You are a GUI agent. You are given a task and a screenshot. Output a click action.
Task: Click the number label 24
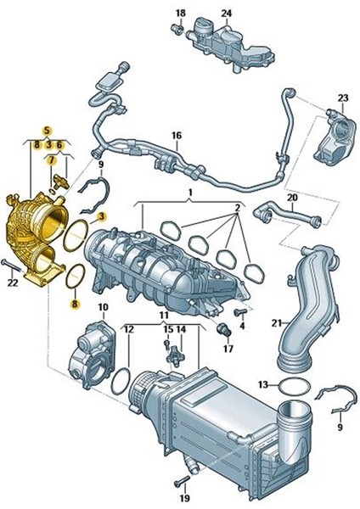(x=227, y=13)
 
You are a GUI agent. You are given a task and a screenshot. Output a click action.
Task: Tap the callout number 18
(x=179, y=13)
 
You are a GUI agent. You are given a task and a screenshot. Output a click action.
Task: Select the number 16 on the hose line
(x=177, y=136)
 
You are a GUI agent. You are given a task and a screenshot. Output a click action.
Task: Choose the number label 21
(x=276, y=323)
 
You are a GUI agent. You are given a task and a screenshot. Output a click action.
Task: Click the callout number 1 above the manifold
(x=191, y=194)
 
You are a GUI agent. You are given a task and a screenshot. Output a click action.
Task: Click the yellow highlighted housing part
(x=34, y=233)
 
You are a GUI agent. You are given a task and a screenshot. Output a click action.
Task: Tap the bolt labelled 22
(x=11, y=266)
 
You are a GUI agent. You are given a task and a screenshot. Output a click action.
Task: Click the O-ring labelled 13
(x=292, y=387)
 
